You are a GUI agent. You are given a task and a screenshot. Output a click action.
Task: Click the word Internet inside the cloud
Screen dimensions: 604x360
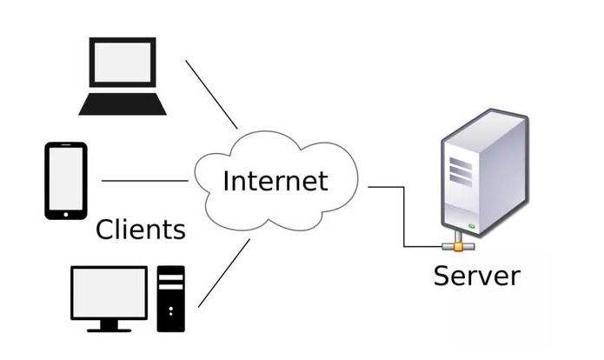(x=275, y=181)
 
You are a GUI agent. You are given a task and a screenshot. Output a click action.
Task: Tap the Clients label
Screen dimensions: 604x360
(x=141, y=230)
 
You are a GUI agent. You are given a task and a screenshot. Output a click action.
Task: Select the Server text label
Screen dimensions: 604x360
(x=476, y=276)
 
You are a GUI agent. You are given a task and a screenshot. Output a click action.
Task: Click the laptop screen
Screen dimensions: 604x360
(x=123, y=62)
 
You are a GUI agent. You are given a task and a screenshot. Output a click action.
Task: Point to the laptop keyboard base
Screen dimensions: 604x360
(x=123, y=104)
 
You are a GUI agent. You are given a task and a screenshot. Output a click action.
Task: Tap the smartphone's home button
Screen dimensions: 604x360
(x=66, y=214)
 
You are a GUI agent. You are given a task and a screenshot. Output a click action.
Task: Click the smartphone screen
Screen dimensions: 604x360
(x=66, y=179)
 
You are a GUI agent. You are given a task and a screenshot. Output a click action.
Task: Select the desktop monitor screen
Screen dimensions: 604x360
(x=109, y=292)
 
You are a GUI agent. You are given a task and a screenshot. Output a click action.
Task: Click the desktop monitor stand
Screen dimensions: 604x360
(x=109, y=326)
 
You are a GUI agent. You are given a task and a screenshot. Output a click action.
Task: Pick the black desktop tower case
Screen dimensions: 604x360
(x=170, y=299)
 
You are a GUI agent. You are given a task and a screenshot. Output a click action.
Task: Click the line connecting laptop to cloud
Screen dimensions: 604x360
(x=211, y=95)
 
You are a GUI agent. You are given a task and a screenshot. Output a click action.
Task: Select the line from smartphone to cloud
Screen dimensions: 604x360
(x=145, y=180)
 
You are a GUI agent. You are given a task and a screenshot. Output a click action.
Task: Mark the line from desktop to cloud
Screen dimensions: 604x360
(x=224, y=273)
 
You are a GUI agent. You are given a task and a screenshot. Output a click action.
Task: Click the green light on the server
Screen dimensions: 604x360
(x=472, y=226)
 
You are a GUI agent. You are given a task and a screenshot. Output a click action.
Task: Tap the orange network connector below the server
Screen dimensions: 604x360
(x=458, y=246)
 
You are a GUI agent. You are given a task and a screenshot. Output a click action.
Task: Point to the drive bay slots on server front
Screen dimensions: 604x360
(x=461, y=172)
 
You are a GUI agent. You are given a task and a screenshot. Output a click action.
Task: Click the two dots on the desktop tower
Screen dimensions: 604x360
(x=170, y=311)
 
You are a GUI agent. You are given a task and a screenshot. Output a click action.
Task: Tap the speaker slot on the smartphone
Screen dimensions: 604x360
(x=66, y=145)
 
